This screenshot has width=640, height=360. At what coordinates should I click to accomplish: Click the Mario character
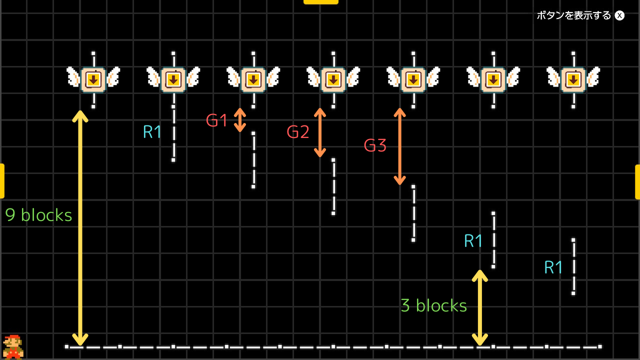pos(13,346)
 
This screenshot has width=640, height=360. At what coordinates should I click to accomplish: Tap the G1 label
pos(217,120)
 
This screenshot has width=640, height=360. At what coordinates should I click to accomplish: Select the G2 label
pos(298,132)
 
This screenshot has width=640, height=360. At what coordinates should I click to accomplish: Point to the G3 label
pos(375,145)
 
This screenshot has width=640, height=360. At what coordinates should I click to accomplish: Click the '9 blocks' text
pos(38,215)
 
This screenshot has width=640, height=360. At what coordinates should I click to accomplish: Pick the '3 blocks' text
pos(433,305)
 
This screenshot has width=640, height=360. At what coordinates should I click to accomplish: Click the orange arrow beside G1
pos(240,120)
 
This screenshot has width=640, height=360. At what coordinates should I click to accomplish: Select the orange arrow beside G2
pos(320,132)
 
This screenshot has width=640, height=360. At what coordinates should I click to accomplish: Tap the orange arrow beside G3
pos(399,146)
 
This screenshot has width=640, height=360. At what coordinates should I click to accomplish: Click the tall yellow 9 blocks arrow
pos(80,227)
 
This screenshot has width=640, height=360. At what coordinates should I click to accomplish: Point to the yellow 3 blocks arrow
pos(480,307)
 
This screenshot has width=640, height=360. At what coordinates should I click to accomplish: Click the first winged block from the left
pos(93,79)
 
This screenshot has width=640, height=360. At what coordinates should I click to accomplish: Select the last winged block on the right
pos(573,79)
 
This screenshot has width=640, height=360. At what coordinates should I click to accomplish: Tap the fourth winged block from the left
pos(333,79)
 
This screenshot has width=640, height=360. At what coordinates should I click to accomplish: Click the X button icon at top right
pos(619,15)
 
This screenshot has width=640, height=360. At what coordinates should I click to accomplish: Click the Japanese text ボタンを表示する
pos(574,15)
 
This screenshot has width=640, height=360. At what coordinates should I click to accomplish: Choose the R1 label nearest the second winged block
pos(152,132)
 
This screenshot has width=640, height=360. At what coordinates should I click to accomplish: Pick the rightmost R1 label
pos(553,268)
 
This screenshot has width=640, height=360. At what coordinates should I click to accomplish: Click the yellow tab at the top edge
pos(320,1)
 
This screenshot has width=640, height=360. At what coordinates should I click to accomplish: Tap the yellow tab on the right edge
pos(637,181)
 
